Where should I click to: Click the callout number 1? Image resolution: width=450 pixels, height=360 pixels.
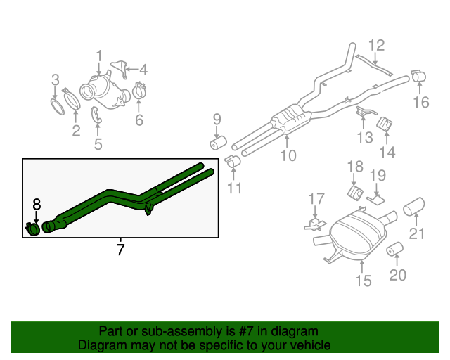(x=99, y=56)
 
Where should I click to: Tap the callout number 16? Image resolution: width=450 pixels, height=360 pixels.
(x=420, y=103)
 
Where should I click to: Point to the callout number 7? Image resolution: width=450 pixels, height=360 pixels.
(x=120, y=250)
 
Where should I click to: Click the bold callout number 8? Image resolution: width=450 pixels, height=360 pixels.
(x=37, y=205)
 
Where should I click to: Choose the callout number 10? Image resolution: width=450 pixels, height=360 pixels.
(x=288, y=155)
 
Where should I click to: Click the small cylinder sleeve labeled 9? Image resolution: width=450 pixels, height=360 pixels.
(x=217, y=143)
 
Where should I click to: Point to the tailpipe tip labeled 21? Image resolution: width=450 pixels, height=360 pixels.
(x=413, y=206)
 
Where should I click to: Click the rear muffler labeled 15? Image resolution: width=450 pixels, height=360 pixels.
(x=357, y=236)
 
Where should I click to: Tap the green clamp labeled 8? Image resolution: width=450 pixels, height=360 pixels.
(x=32, y=229)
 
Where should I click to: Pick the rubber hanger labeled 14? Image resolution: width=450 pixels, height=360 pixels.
(x=385, y=125)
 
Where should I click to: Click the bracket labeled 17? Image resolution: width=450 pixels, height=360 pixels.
(x=313, y=224)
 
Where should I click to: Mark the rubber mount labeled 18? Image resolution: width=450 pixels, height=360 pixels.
(x=355, y=192)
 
